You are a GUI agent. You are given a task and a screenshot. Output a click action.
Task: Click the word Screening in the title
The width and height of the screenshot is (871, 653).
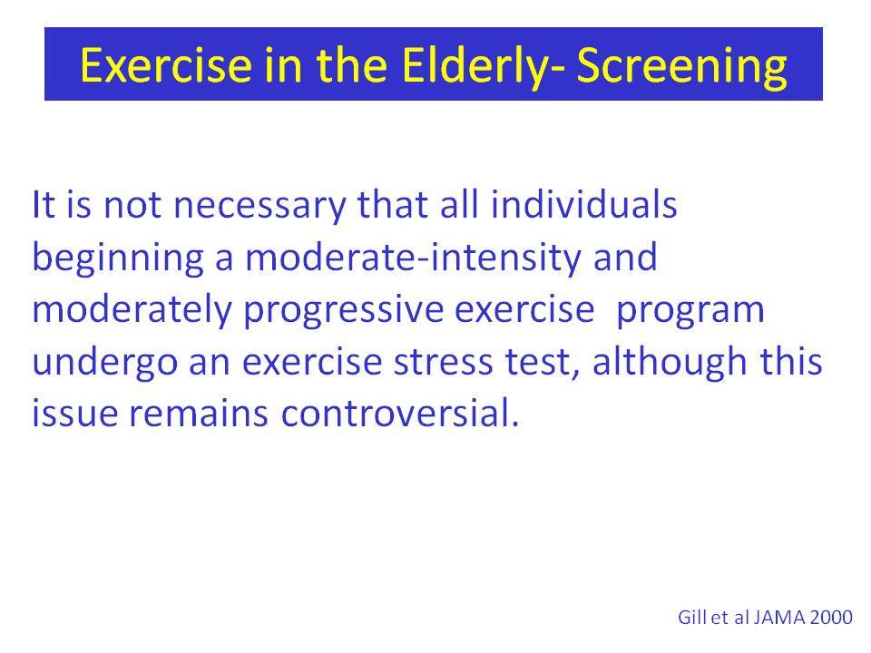pyautogui.click(x=681, y=66)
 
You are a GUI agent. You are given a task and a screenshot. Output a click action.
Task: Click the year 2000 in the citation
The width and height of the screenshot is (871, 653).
pyautogui.click(x=831, y=617)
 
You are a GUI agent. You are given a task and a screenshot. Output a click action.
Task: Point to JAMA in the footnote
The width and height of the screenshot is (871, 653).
pyautogui.click(x=779, y=617)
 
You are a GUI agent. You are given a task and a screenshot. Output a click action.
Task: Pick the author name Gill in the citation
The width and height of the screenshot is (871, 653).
pyautogui.click(x=691, y=617)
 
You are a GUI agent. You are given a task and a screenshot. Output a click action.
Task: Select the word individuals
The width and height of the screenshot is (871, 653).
pyautogui.click(x=583, y=204)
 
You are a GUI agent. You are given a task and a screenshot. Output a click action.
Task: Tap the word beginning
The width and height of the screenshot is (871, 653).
pyautogui.click(x=118, y=258)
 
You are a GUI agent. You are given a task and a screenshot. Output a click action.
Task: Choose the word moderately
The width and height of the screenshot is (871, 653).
pyautogui.click(x=132, y=310)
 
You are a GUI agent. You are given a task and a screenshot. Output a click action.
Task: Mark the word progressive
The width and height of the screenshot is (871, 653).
pyautogui.click(x=343, y=311)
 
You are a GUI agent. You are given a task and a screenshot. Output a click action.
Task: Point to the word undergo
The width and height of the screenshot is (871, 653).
pyautogui.click(x=104, y=363)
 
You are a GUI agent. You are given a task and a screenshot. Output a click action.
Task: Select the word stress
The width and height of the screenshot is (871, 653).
pyautogui.click(x=444, y=363)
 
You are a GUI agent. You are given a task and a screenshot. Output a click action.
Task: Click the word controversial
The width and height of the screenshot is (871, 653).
pyautogui.click(x=400, y=414)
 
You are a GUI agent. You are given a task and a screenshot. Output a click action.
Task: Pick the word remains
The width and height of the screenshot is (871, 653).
pyautogui.click(x=199, y=414)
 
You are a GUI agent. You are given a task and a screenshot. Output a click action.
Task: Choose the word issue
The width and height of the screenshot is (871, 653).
pyautogui.click(x=74, y=414)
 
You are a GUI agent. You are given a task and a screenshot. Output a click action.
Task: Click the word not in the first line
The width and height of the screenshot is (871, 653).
pyautogui.click(x=132, y=205)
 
